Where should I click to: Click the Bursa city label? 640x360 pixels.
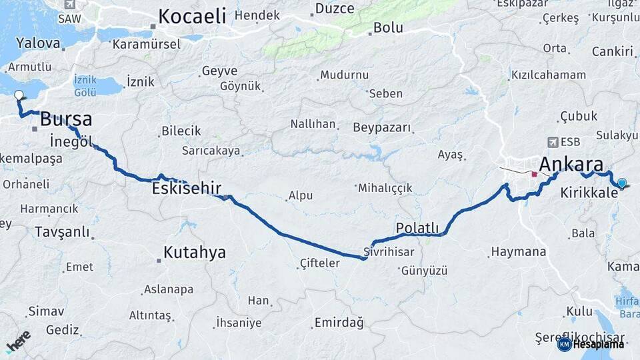pos(66,120)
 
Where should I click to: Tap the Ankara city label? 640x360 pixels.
pos(571,165)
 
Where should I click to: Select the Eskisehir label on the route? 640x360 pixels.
pos(186,189)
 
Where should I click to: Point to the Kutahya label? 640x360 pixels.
pos(195,253)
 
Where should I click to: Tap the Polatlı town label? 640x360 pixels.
pos(417,228)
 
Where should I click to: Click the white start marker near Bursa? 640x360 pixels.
pos(19,95)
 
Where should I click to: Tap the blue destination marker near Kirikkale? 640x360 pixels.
pos(622,183)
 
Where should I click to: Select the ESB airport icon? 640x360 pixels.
pos(553,142)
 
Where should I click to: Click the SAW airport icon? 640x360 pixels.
pos(69,4)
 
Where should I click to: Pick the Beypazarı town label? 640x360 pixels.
pos(379,127)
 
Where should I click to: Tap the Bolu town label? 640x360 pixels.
pos(388,28)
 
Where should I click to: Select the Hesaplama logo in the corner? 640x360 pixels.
pos(591,344)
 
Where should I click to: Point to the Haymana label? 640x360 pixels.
pos(518,252)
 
